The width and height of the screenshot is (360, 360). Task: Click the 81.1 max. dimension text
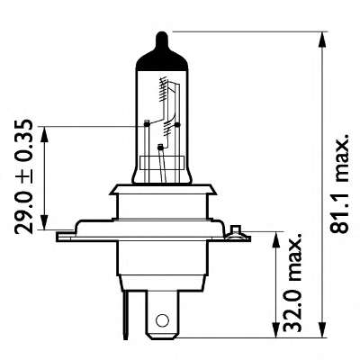point(339,187)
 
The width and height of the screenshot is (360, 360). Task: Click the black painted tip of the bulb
point(160,42)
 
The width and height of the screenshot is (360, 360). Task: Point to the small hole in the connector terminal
point(162,320)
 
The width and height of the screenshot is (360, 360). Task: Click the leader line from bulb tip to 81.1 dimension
point(243,31)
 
